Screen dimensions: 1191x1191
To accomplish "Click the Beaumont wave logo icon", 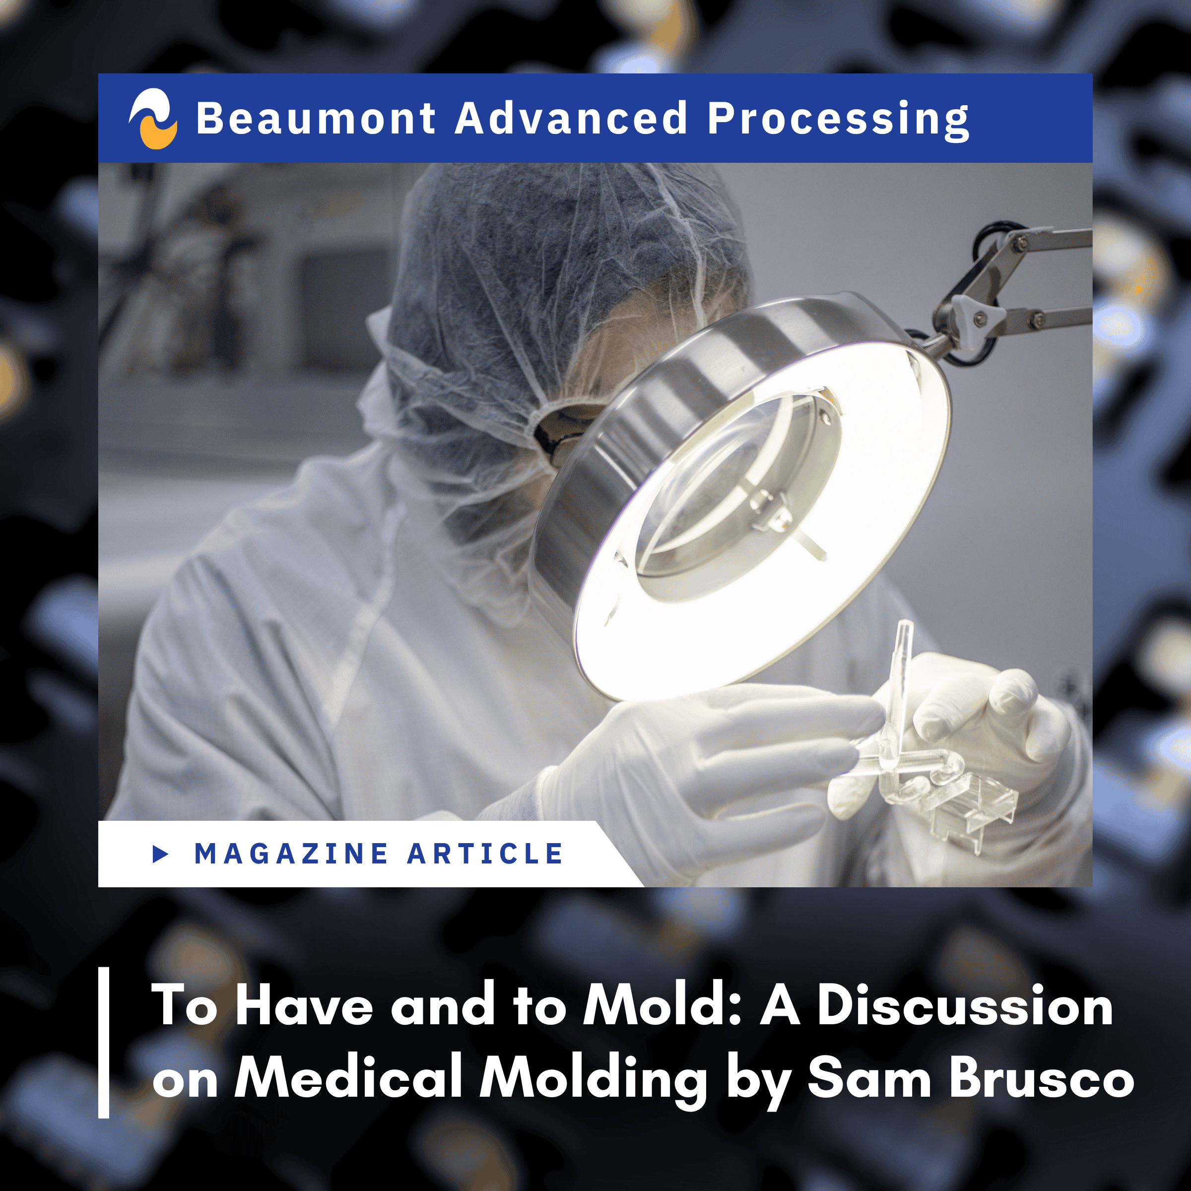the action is [153, 119].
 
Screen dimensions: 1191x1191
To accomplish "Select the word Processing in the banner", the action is [838, 121].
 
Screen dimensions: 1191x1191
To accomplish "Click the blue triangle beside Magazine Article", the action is [160, 854].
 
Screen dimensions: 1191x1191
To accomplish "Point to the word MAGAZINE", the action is [291, 854].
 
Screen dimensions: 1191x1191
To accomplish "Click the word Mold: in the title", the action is [662, 1005].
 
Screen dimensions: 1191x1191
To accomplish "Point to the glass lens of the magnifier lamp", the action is [733, 487].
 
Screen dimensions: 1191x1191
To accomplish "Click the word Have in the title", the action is [304, 1005].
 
